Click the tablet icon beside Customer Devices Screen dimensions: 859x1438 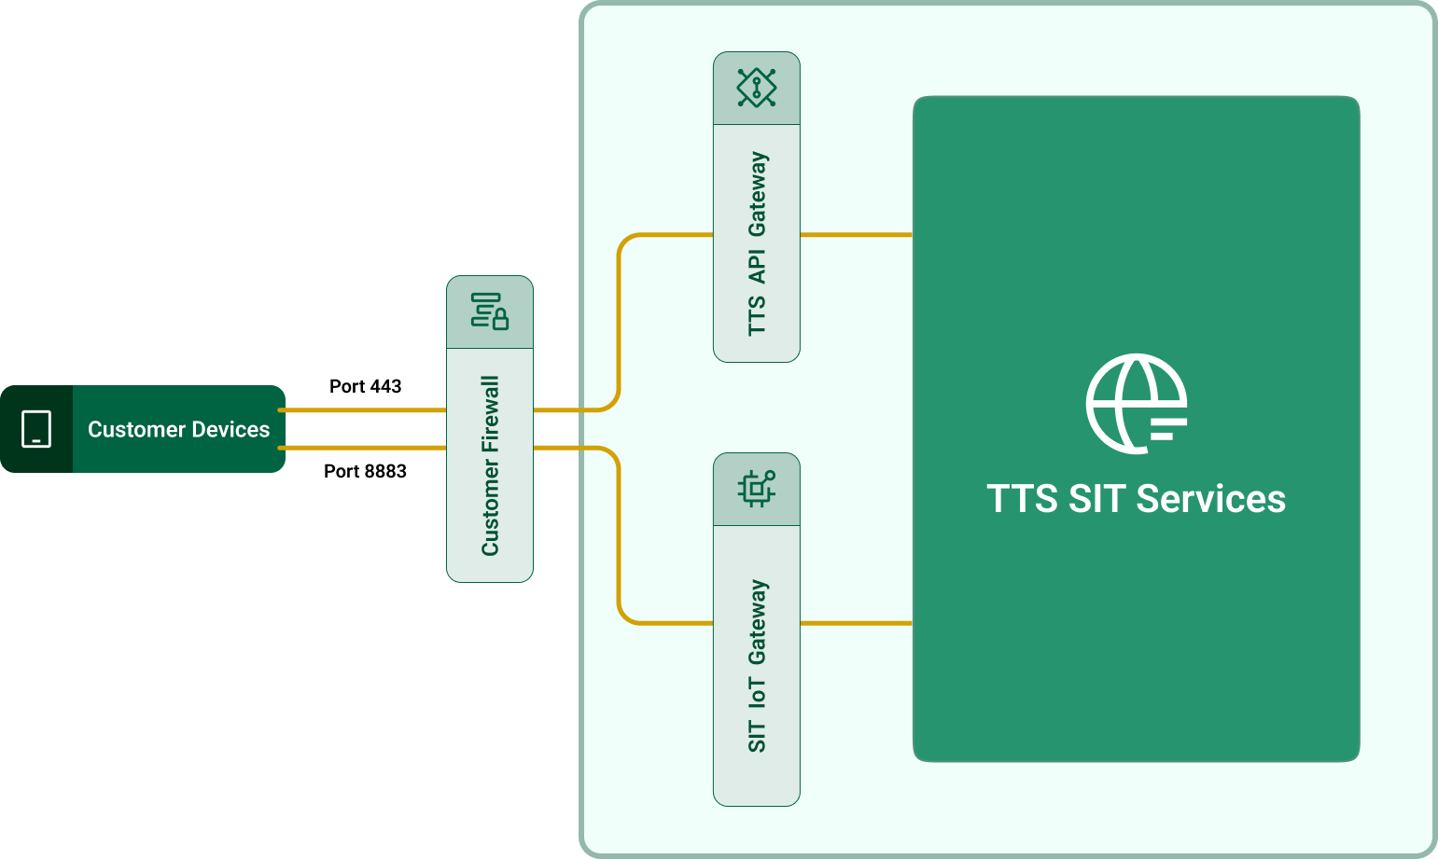click(x=36, y=429)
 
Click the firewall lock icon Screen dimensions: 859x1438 click(x=490, y=312)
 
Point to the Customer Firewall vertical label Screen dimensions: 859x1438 click(x=490, y=465)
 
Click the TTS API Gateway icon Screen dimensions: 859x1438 click(x=757, y=88)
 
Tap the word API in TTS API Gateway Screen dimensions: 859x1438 click(x=757, y=266)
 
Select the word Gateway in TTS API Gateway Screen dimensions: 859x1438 click(x=757, y=194)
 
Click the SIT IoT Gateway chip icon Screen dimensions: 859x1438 click(x=757, y=489)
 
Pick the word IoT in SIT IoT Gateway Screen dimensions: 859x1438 click(x=757, y=692)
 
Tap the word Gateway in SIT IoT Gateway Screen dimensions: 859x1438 click(x=757, y=622)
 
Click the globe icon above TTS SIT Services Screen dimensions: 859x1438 click(x=1136, y=403)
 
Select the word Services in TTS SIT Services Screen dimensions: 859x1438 click(x=1211, y=499)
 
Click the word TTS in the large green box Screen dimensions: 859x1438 click(x=1023, y=499)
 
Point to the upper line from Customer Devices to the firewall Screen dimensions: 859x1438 click(x=364, y=409)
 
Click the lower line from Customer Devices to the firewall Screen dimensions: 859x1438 click(x=364, y=448)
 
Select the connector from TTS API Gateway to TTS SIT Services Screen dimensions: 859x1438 click(x=856, y=234)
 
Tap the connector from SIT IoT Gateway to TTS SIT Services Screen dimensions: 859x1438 click(x=856, y=622)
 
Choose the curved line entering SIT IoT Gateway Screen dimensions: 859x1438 click(x=620, y=541)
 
